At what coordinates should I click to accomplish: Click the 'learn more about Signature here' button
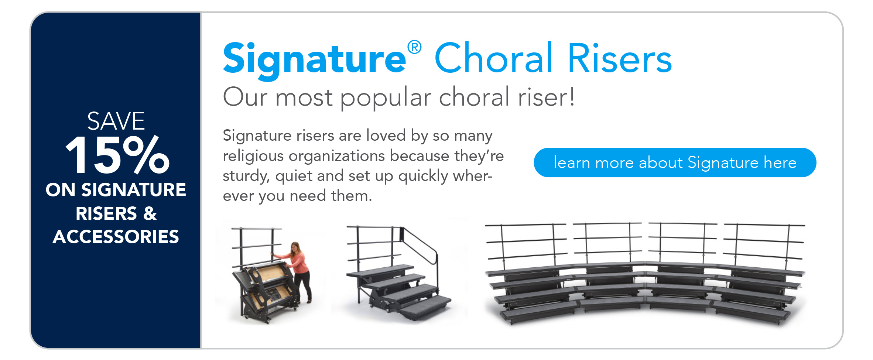point(675,162)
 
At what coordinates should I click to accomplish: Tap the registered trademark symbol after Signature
point(414,47)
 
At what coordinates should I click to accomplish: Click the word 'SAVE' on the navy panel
point(116,121)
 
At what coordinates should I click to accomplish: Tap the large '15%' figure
point(117,155)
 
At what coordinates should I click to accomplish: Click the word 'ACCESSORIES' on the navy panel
point(116,237)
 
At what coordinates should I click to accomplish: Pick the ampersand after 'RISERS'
point(150,213)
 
